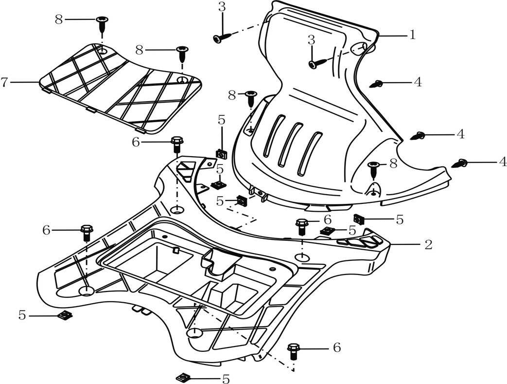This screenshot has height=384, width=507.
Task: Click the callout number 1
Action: [x=412, y=36]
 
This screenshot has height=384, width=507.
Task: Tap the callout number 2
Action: [x=428, y=244]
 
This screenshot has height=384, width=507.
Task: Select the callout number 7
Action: [x=4, y=83]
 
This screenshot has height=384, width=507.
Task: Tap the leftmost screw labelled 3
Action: [x=220, y=37]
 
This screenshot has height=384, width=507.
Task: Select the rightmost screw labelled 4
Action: [x=459, y=164]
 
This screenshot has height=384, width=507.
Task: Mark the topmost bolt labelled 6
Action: [x=176, y=144]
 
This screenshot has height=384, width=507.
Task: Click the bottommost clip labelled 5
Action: [x=184, y=377]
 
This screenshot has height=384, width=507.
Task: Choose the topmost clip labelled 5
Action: [x=222, y=154]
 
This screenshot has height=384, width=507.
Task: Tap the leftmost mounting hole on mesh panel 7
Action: [x=102, y=50]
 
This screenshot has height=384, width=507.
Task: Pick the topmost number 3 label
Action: [x=222, y=7]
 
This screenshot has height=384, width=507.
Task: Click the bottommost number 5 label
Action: [x=226, y=379]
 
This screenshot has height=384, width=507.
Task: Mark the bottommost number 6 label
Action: [x=336, y=347]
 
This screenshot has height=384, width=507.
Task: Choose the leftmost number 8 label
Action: [x=59, y=20]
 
